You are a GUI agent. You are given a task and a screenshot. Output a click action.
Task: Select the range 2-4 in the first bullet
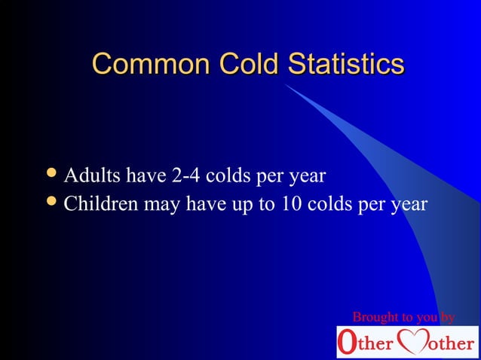(x=187, y=176)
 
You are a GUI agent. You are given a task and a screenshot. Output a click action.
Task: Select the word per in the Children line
(x=374, y=206)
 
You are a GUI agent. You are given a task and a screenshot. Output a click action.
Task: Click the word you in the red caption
(x=424, y=318)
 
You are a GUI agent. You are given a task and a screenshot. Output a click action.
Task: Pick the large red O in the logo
(x=347, y=343)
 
